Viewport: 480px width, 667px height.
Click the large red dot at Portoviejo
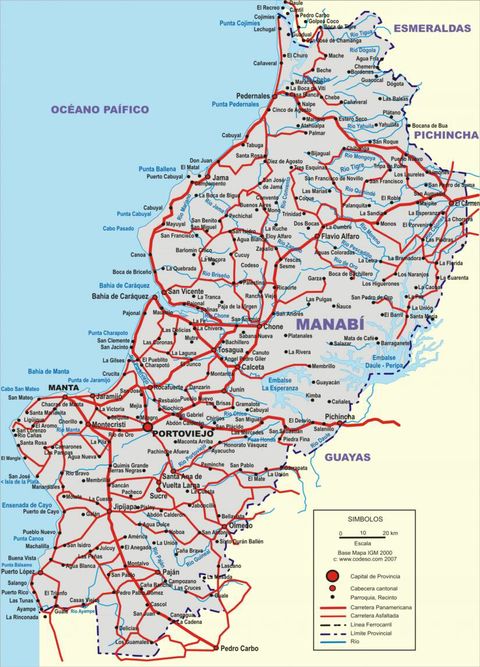[x=148, y=427]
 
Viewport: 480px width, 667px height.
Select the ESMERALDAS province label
[x=430, y=29]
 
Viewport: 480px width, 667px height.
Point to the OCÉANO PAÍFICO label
[x=99, y=108]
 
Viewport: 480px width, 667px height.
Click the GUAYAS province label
[x=347, y=457]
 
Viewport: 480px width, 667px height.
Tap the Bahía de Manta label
[x=49, y=371]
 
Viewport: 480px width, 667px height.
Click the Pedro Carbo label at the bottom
[x=239, y=647]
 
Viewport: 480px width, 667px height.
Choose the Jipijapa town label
[x=125, y=506]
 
